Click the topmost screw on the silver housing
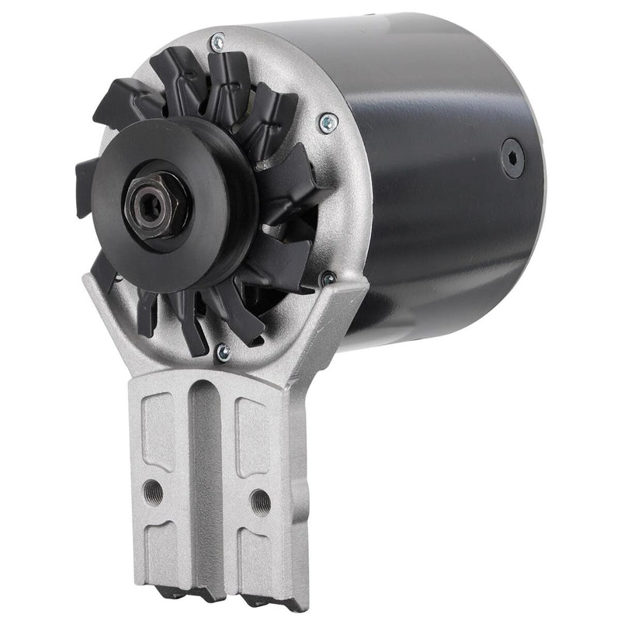[218, 38]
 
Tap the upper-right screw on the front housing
[329, 120]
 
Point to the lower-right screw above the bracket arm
[329, 276]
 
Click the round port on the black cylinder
[512, 158]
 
